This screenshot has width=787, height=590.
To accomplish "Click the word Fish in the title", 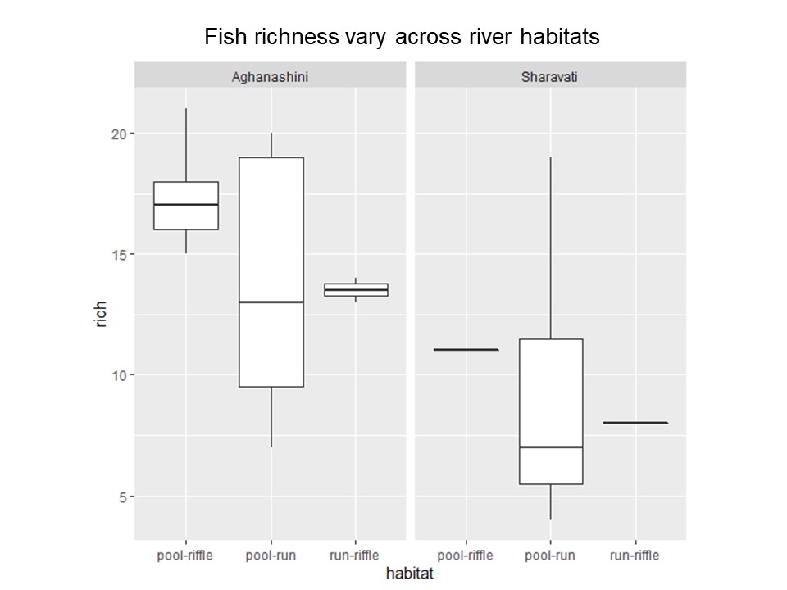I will point(221,37).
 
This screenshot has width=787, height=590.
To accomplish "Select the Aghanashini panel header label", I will point(271,77).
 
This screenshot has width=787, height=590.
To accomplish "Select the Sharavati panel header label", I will point(550,77).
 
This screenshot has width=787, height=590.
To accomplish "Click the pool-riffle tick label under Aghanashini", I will point(185,556).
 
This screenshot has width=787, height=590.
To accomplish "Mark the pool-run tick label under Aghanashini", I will point(271,556).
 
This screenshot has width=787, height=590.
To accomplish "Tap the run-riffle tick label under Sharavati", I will point(635,556).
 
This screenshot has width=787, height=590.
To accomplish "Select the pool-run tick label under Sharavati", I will point(550,556).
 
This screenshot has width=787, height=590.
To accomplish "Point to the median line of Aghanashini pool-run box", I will point(271,302).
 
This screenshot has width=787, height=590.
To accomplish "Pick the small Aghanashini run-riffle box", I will point(356,289).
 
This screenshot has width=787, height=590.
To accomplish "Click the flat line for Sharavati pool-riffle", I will point(466,350).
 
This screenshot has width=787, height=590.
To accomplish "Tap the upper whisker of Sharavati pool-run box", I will point(550,246).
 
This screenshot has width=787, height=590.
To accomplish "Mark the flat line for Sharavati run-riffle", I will point(635,423).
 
